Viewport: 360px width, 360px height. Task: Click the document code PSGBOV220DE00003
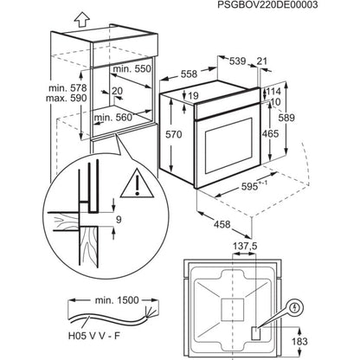tap(295, 6)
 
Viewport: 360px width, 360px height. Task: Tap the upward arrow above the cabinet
tap(58, 16)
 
